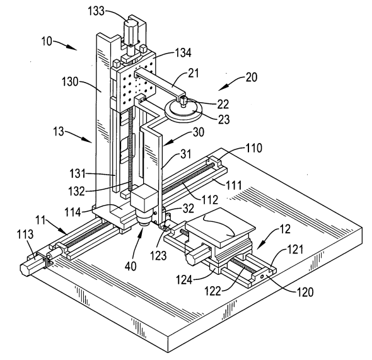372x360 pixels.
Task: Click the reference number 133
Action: (96, 11)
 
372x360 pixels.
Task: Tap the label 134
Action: (183, 53)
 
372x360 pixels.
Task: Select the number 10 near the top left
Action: (47, 41)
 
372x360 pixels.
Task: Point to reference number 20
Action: (252, 78)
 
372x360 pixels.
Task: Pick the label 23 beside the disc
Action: (224, 119)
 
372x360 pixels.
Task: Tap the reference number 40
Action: (131, 266)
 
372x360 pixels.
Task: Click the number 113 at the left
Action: (25, 235)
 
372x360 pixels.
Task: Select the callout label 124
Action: (184, 280)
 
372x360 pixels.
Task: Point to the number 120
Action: (305, 292)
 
